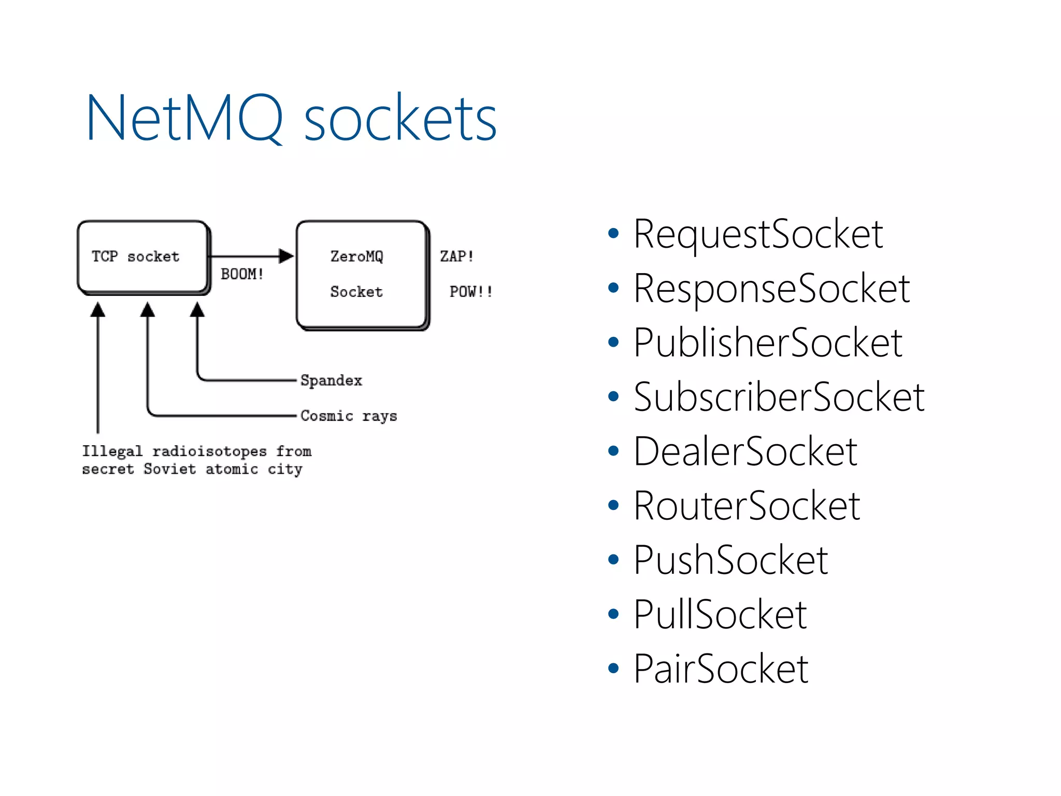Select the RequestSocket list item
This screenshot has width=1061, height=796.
point(757,235)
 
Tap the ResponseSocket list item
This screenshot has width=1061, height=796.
point(771,289)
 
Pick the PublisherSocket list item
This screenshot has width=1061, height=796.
point(768,344)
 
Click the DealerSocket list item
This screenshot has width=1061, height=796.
point(745,452)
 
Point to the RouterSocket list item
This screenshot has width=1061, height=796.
point(746,506)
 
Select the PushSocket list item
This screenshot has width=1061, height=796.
point(730,561)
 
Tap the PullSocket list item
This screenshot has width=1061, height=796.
point(720,615)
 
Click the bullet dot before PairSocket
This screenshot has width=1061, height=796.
point(613,669)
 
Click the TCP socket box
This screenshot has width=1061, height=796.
point(142,257)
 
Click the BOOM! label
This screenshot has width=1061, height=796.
point(242,274)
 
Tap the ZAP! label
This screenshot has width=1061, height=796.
point(456,257)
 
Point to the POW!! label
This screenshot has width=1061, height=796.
point(470,292)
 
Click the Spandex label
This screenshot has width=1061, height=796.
point(331,380)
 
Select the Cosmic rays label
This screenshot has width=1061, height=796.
point(349,416)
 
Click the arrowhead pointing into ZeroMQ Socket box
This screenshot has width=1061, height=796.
point(286,256)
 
